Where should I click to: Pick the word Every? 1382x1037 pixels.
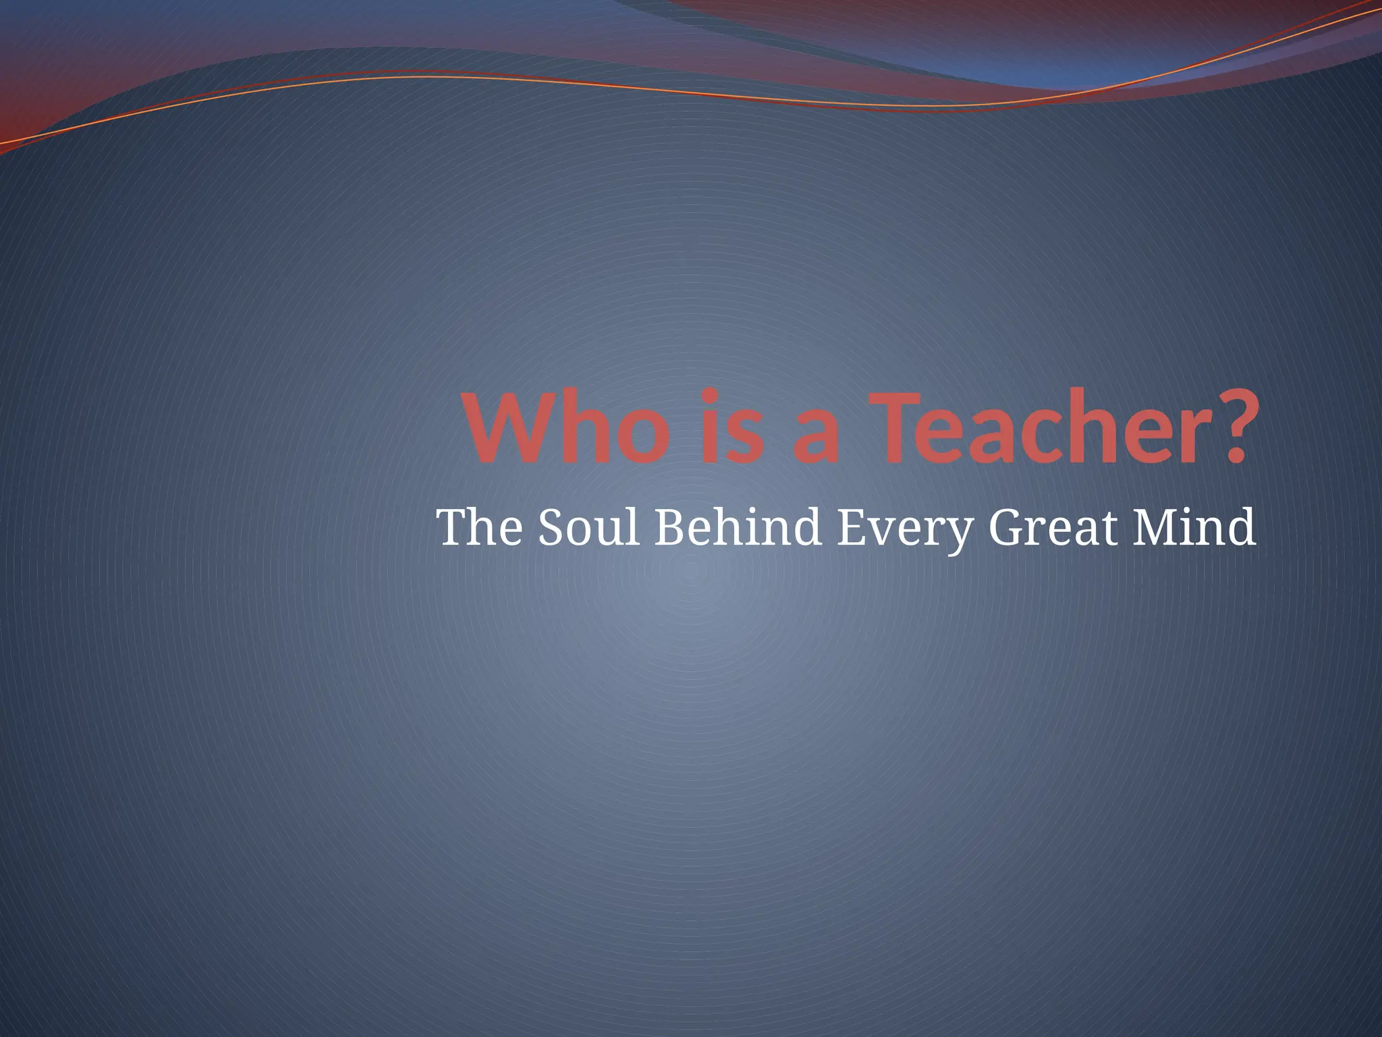(905, 531)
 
